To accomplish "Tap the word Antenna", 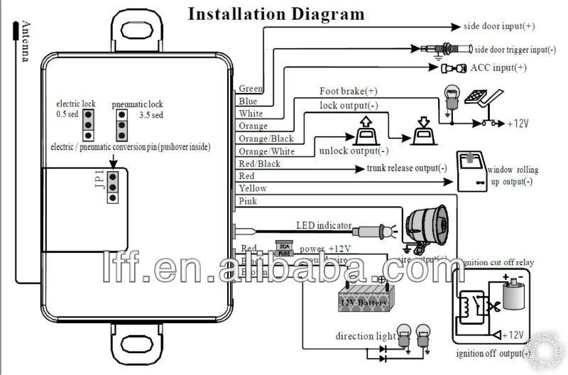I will (x=25, y=41).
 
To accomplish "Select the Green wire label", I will (x=251, y=89).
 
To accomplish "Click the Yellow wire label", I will (x=253, y=188).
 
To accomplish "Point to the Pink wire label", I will (x=248, y=201).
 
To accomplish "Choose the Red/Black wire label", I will (x=259, y=163).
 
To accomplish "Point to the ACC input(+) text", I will (x=489, y=67).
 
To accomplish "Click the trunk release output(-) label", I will (x=407, y=169).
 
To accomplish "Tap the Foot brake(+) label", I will (x=348, y=91).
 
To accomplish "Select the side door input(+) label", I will (x=499, y=26).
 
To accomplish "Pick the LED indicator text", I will (x=323, y=226).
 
